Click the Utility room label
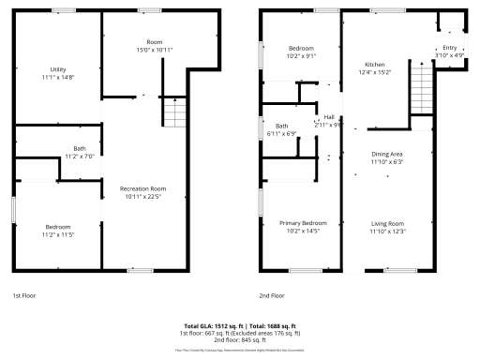pos(58,69)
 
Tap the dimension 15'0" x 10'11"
pos(155,50)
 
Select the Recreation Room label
pos(142,188)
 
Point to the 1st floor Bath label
pos(80,148)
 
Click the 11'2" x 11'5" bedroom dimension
pos(58,234)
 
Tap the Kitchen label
pos(375,65)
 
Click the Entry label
pos(450,48)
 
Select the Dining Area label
pos(387,154)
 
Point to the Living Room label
pos(387,223)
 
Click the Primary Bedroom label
pos(302,223)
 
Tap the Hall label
pos(329,117)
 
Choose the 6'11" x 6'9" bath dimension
pos(282,133)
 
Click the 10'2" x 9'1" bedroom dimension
pos(301,55)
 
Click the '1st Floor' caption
pos(24,295)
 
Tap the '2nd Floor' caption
pos(273,295)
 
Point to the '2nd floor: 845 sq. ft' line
pos(239,339)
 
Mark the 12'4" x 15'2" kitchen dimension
pos(375,72)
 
